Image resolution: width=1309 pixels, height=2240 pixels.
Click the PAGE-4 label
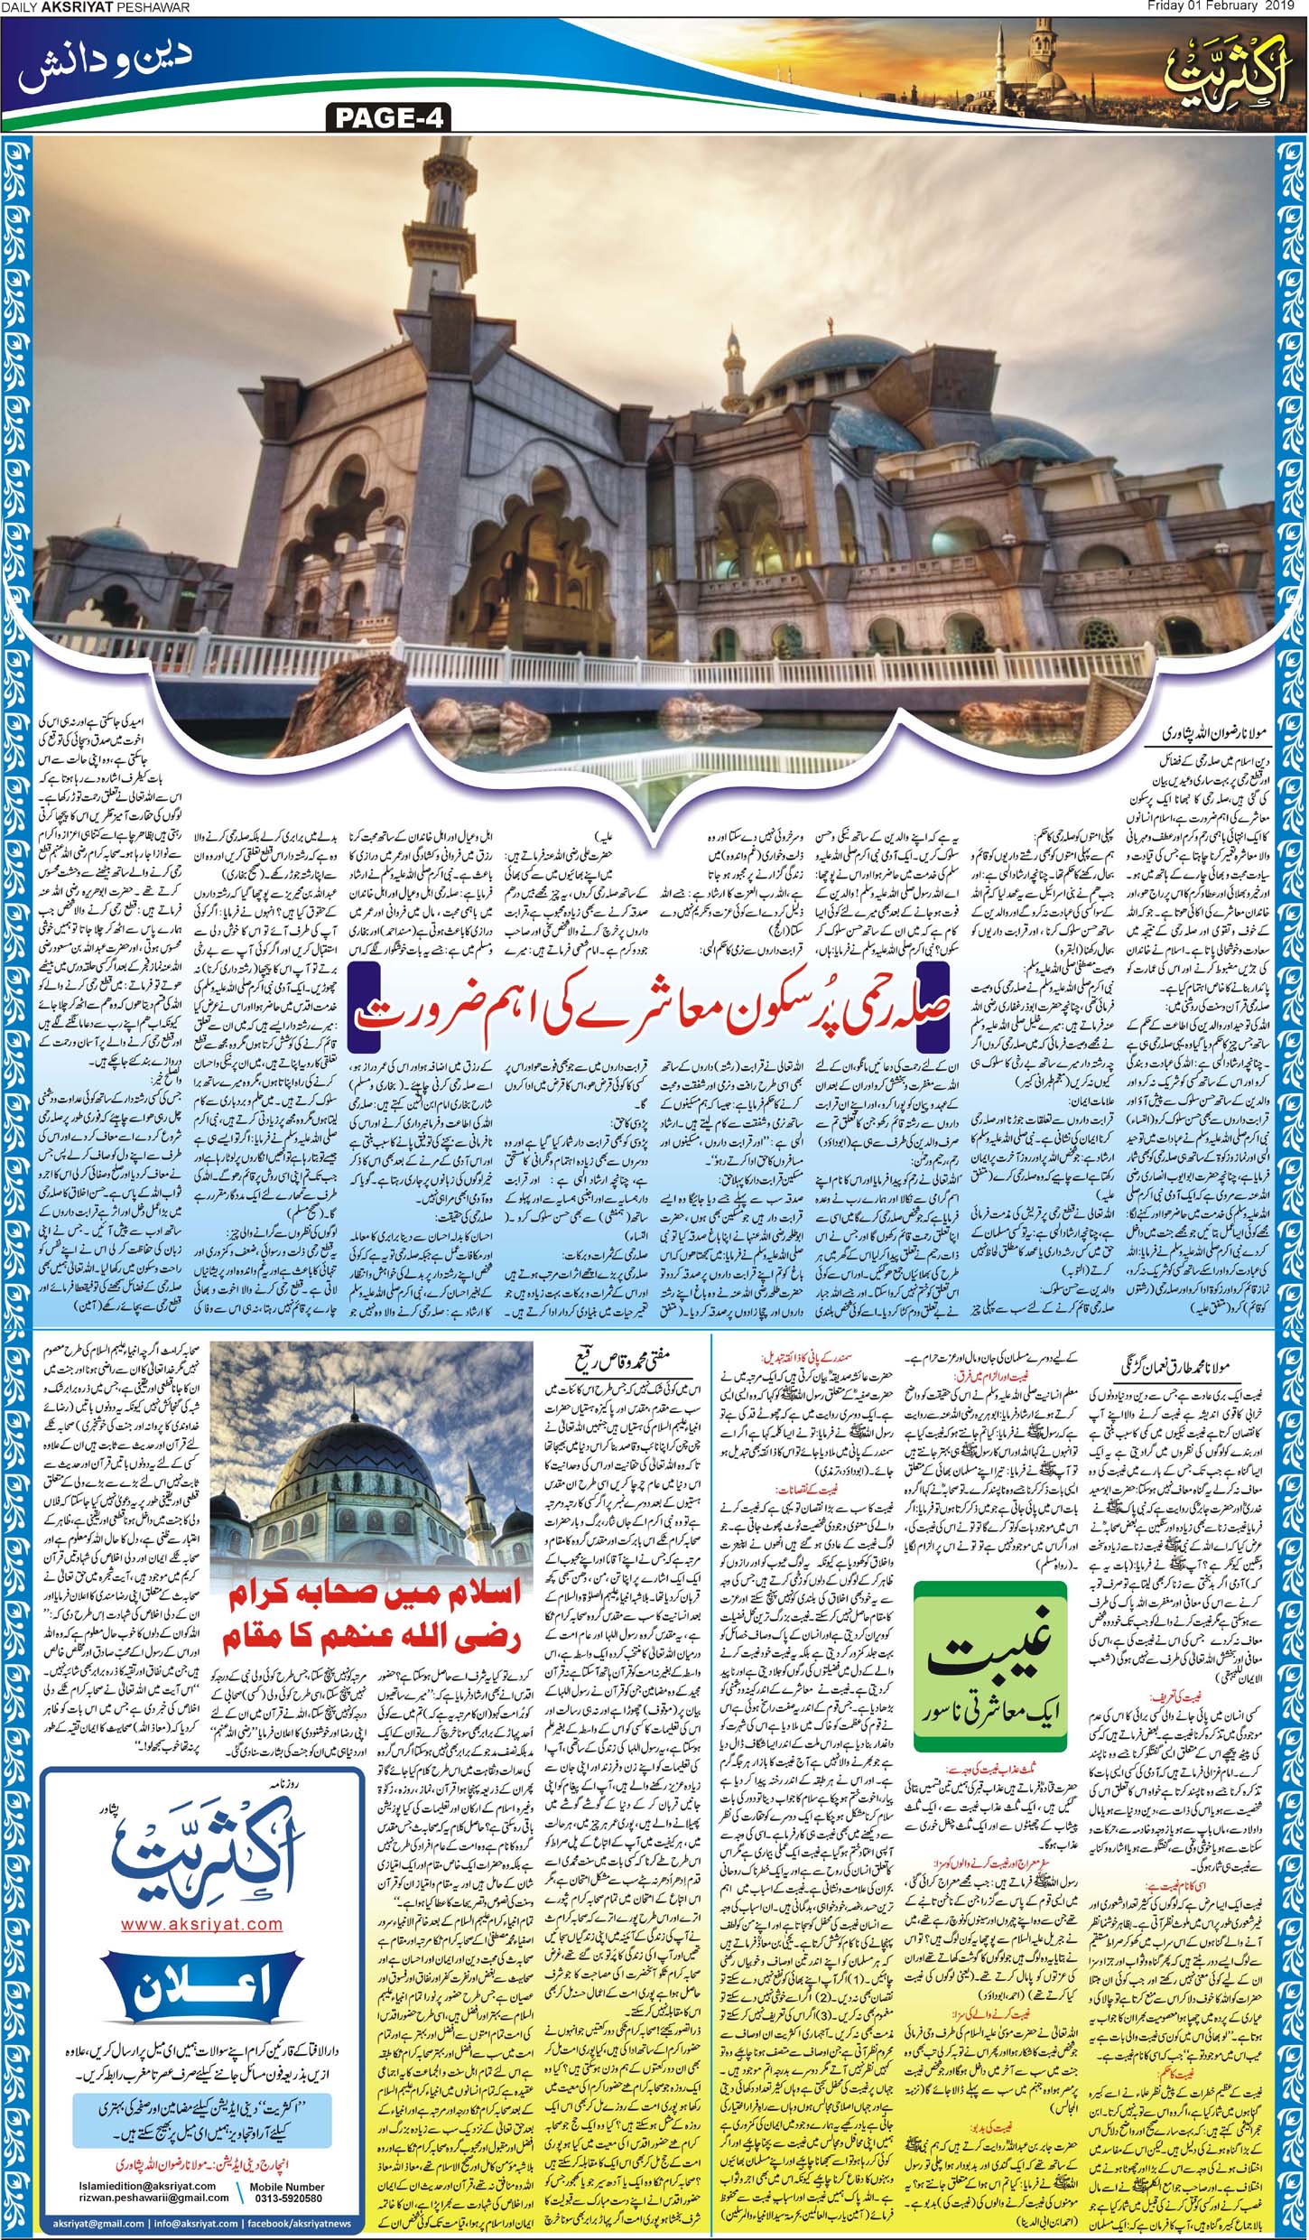(x=384, y=117)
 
